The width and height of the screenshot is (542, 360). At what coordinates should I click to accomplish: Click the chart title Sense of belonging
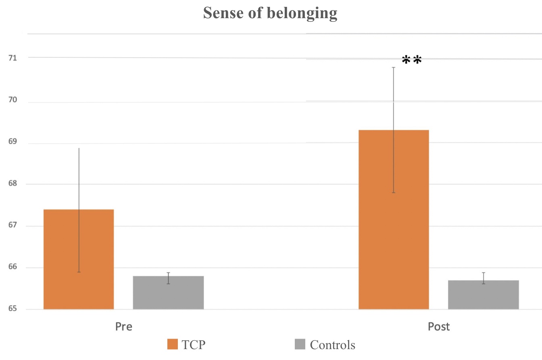click(270, 13)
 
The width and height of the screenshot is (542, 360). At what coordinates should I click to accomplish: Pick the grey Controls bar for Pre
click(168, 293)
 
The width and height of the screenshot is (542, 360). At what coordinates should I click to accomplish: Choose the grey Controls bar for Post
click(483, 295)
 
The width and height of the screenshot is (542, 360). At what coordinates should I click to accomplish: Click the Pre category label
click(123, 327)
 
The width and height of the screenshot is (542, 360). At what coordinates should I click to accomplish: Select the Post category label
click(438, 327)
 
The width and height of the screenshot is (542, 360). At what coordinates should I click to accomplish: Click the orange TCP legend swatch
click(172, 345)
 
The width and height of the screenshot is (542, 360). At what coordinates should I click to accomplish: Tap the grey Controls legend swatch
click(300, 345)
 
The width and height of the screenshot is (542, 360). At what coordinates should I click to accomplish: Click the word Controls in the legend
click(332, 345)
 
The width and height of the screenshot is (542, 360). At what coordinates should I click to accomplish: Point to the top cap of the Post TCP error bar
click(394, 67)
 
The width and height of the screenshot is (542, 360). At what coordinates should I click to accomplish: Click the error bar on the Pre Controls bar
click(168, 278)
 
